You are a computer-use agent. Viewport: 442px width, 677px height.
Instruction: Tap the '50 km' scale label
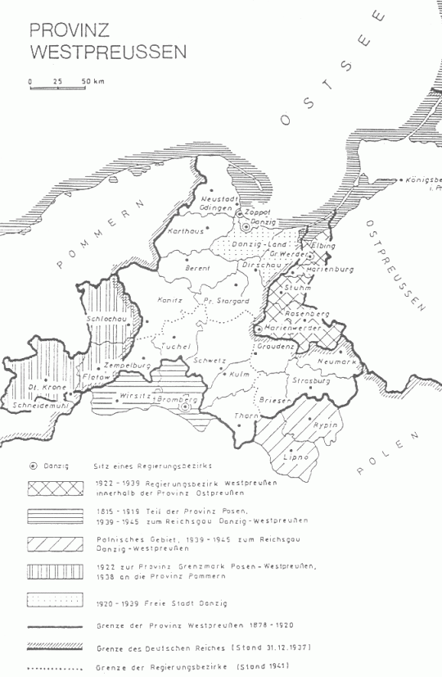click(x=92, y=81)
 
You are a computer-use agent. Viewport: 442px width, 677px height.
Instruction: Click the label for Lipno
click(x=295, y=453)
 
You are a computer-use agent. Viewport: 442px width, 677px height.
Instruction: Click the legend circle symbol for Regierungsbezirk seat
click(x=33, y=465)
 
